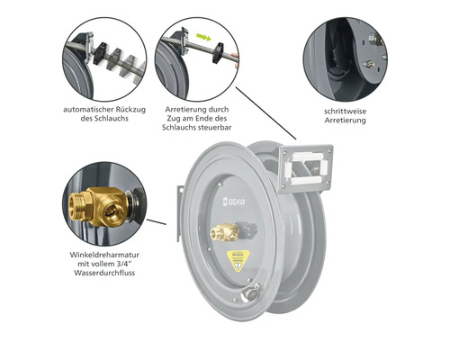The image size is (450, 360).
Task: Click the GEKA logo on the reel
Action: click(234, 202)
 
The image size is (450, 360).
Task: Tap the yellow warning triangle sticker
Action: click(238, 261)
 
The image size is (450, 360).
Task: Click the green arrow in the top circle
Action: click(203, 38)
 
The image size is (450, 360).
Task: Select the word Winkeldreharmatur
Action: click(104, 255)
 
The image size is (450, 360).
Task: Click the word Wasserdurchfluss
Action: click(104, 273)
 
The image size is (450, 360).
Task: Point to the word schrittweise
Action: click(345, 112)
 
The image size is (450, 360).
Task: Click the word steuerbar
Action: click(215, 127)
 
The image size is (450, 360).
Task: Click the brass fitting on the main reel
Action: click(224, 232)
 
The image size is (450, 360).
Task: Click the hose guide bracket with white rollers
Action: click(305, 168)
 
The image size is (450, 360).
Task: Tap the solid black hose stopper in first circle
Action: click(100, 53)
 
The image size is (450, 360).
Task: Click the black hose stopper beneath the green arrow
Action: click(218, 53)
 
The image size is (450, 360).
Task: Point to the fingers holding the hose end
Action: click(236, 60)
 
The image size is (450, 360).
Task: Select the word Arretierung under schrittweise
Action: click(345, 121)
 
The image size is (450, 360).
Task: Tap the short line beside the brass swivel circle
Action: click(157, 221)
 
